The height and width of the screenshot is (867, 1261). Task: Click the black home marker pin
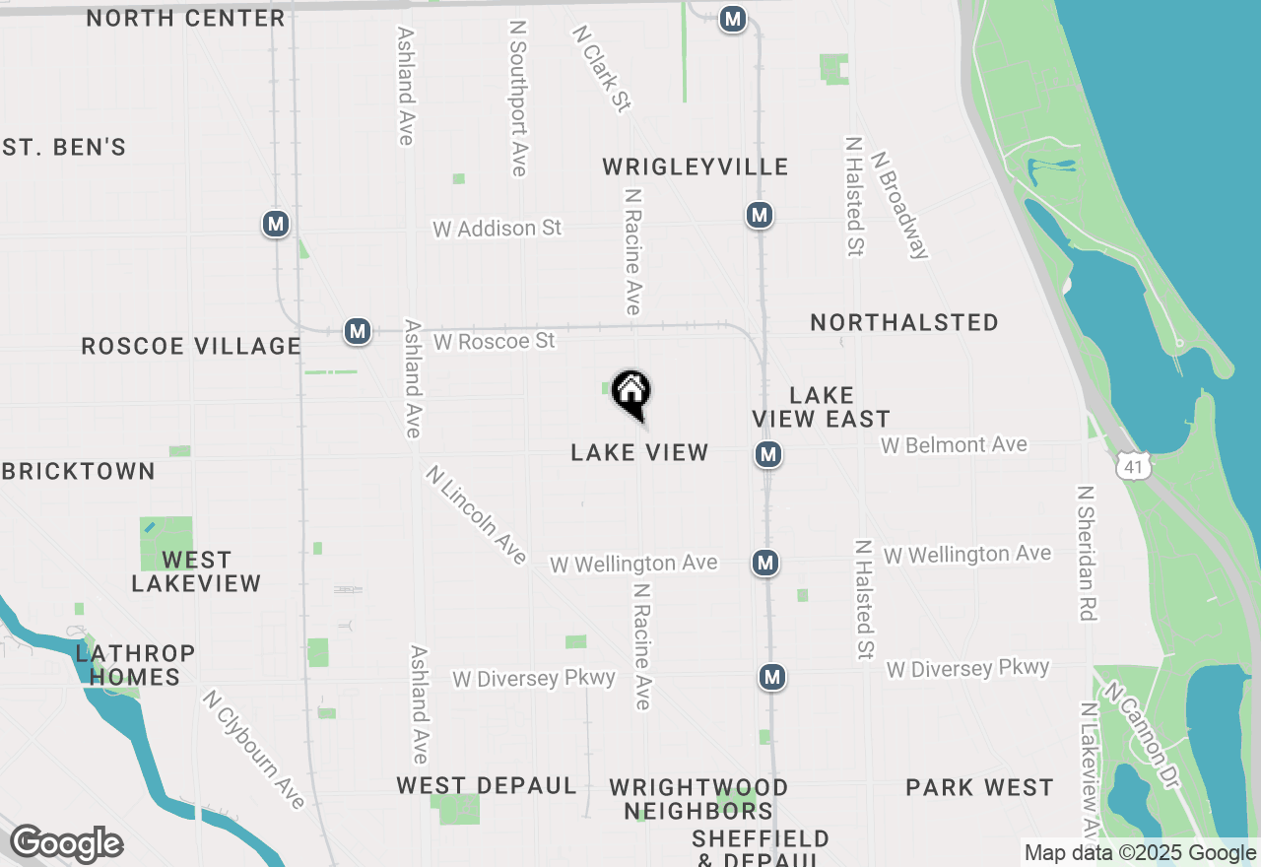(x=631, y=393)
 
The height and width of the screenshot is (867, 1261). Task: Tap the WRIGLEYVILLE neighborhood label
(x=696, y=167)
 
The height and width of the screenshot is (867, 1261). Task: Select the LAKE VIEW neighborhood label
(x=639, y=452)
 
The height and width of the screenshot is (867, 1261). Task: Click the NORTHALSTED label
(x=904, y=322)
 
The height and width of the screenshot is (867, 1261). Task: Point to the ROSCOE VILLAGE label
(x=191, y=346)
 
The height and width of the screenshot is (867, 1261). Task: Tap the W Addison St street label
(x=497, y=228)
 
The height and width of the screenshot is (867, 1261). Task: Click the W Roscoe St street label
(x=494, y=341)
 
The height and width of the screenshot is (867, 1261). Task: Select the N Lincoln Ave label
(x=477, y=514)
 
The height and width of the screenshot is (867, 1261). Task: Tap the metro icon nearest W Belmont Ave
(x=768, y=454)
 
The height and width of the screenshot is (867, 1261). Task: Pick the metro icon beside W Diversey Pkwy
(x=772, y=677)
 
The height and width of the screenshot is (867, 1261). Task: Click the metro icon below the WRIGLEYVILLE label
(x=759, y=215)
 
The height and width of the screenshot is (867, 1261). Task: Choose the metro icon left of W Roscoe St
(x=357, y=331)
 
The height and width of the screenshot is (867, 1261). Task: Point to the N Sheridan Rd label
(x=1087, y=553)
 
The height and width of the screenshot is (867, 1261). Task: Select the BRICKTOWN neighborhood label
(x=79, y=471)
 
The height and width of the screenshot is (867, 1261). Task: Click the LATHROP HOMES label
(x=135, y=665)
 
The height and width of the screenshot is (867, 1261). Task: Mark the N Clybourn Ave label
(x=254, y=750)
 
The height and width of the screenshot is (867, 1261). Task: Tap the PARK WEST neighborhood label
(x=979, y=787)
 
